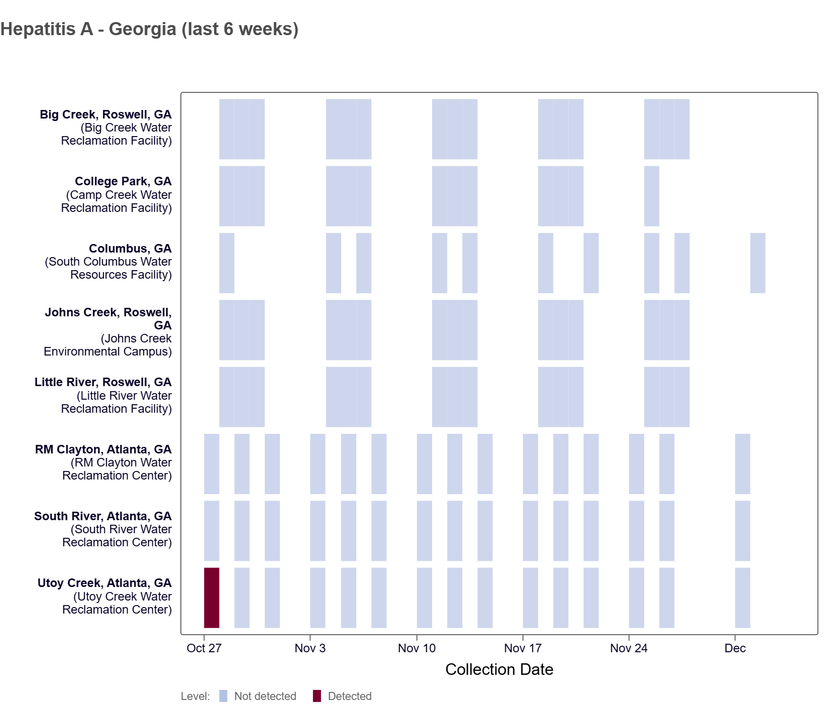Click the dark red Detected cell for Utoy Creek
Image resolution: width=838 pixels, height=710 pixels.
pos(212,598)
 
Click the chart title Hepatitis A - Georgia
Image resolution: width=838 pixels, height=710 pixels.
pos(149,29)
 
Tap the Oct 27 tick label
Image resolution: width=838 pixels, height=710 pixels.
pos(204,648)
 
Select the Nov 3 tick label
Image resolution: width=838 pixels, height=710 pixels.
pos(310,648)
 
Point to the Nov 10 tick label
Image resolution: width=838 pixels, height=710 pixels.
pos(416,648)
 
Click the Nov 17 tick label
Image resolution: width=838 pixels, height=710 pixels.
pos(522,648)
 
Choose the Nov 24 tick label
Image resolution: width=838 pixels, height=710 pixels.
pos(628,648)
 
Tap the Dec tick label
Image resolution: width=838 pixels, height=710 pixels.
pos(735,648)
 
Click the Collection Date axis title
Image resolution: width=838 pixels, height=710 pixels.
pos(499,669)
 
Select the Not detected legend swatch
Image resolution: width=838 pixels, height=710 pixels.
pos(224,696)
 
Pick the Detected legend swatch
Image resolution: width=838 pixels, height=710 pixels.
pos(317,696)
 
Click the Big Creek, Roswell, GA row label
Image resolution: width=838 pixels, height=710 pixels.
pos(106,115)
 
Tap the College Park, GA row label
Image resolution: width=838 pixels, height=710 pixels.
pos(123,182)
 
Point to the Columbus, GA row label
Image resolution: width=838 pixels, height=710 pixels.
pos(130,249)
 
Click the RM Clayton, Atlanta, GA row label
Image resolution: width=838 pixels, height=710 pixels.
pos(103,449)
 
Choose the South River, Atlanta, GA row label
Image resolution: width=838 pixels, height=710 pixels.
pos(102,516)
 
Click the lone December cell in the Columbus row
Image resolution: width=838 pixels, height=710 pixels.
pos(758,263)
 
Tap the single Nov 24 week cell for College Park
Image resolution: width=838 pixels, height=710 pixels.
pos(652,196)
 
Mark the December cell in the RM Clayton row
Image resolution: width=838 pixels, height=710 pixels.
pos(742,463)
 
